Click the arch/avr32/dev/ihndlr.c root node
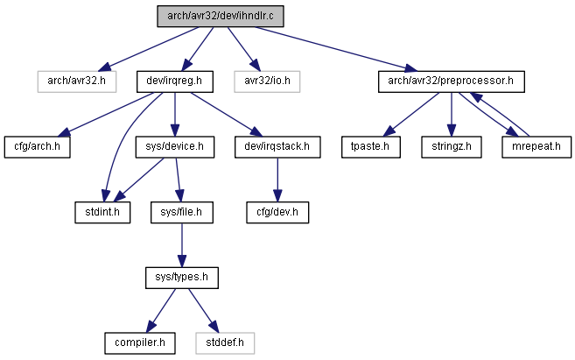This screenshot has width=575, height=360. click(x=221, y=16)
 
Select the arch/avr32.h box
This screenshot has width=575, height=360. click(x=77, y=81)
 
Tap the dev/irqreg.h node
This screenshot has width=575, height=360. click(x=174, y=81)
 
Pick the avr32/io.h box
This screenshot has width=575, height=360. click(x=267, y=81)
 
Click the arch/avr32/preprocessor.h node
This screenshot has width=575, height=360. click(x=452, y=81)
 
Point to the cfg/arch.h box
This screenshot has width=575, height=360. click(x=37, y=147)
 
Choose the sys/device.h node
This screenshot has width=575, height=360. click(x=174, y=147)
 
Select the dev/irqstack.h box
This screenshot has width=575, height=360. click(x=277, y=147)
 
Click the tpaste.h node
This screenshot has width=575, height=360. click(x=371, y=147)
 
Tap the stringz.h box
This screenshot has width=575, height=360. click(x=452, y=147)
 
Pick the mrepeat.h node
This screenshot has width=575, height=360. click(x=536, y=147)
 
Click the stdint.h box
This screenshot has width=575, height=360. click(x=102, y=213)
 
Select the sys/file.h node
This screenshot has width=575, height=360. click(x=182, y=213)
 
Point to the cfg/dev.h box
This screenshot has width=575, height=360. click(x=277, y=213)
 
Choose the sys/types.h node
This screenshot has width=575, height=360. click(x=182, y=278)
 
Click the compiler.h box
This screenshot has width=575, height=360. click(x=140, y=343)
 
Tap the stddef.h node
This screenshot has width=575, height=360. click(x=225, y=343)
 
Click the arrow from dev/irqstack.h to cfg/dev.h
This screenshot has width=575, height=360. click(x=277, y=180)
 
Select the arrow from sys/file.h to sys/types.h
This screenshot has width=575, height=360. click(x=182, y=245)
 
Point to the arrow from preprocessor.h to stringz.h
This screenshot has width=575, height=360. click(x=452, y=115)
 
